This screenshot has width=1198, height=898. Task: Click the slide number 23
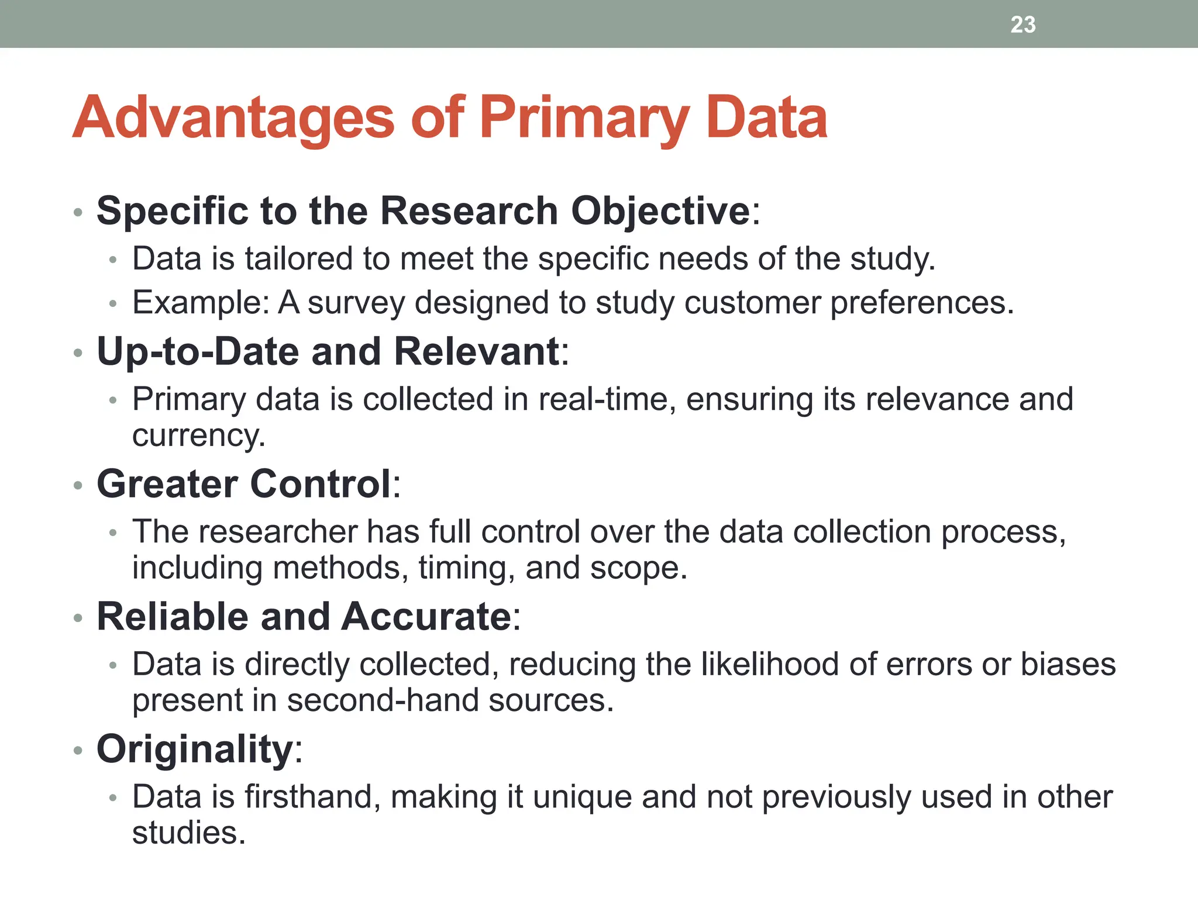[1023, 25]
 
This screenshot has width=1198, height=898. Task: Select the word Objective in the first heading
[660, 211]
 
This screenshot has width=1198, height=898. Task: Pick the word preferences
[921, 303]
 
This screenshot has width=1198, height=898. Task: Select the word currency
[198, 436]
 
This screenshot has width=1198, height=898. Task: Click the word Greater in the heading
[167, 485]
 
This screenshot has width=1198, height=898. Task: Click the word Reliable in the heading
[173, 617]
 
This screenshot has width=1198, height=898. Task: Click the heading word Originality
[195, 750]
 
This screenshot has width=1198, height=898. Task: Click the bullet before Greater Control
[78, 486]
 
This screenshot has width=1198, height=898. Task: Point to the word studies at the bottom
[188, 833]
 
